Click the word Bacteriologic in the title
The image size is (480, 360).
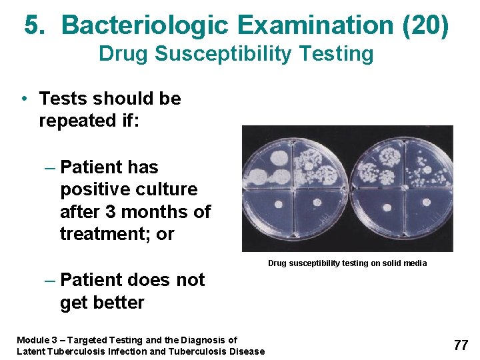click(x=143, y=25)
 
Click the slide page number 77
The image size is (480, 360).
click(x=461, y=345)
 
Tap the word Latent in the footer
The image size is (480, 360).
click(x=32, y=351)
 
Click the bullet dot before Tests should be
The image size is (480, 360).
click(x=23, y=99)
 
